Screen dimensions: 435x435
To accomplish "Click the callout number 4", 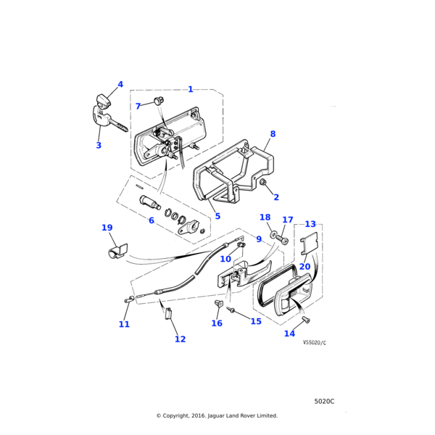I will coord(120,84).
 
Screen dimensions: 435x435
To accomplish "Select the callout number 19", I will coord(107,228).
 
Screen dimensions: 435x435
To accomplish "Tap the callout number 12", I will coord(180,339).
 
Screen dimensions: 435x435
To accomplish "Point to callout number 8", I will coord(273,134).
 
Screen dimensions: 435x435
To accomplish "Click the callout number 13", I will coord(310,224).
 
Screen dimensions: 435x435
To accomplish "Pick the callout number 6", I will coord(152,220).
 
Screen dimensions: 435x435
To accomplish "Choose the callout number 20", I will coord(304,266).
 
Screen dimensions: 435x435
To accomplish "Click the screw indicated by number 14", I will coord(305,320).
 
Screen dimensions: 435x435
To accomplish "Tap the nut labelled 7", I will coord(159,100).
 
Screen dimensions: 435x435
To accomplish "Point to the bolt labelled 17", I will coord(283,240).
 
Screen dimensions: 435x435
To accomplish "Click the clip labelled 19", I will coord(114,252).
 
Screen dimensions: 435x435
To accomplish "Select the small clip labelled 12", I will coord(169,314).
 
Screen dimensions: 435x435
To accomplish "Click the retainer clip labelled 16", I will coord(218,302).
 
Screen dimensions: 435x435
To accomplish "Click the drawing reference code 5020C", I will coord(324,401).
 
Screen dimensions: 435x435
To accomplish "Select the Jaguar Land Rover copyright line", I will coord(217,415).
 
